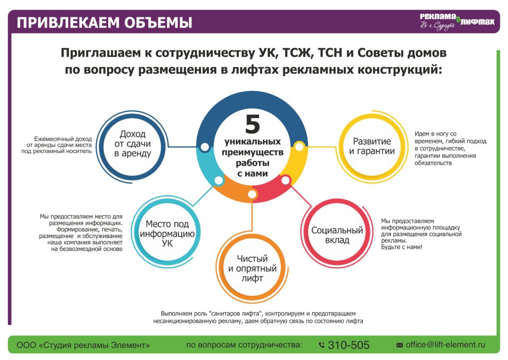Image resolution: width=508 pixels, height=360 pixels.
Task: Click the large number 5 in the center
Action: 253,124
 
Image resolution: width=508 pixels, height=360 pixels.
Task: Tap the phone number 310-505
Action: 348,345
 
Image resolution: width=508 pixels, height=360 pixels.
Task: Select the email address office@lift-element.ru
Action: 445,345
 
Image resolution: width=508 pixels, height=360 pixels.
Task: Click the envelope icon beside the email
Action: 400,345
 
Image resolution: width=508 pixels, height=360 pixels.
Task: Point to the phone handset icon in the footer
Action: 321,345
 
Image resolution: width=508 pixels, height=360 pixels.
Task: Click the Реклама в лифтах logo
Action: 457,22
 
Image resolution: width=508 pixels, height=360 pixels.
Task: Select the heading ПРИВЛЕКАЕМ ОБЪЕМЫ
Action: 105,23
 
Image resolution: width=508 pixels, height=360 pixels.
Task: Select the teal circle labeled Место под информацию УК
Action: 134,232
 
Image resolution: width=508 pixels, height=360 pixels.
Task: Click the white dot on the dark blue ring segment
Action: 205,147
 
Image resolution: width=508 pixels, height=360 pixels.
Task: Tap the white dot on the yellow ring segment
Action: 299,146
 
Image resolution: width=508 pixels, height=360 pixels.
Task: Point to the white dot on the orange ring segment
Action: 252,195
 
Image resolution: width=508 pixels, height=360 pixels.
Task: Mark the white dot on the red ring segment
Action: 285,180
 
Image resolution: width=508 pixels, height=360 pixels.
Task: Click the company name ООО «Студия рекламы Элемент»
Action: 83,345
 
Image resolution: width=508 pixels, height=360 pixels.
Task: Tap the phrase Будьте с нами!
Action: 402,247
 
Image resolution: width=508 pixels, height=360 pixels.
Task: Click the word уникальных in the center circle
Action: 253,142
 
